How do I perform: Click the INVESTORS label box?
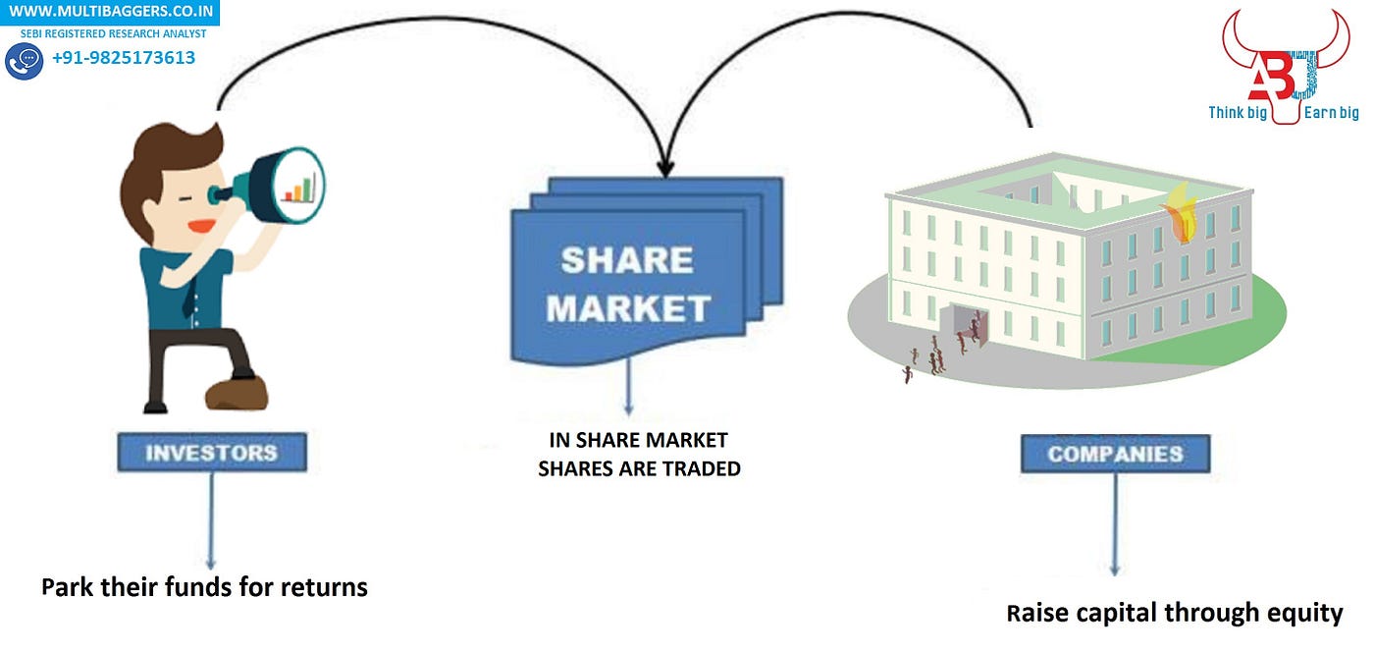pyautogui.click(x=212, y=453)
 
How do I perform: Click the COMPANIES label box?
pyautogui.click(x=1115, y=455)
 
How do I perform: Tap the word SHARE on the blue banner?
pyautogui.click(x=627, y=260)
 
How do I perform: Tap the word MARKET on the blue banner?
pyautogui.click(x=628, y=308)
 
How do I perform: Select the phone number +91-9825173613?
pyautogui.click(x=124, y=58)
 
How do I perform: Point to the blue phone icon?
pyautogui.click(x=24, y=61)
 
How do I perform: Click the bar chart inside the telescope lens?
pyautogui.click(x=300, y=187)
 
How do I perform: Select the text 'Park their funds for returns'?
pyautogui.click(x=204, y=588)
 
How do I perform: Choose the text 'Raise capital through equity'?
pyautogui.click(x=1174, y=614)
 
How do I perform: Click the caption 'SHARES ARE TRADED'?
pyautogui.click(x=639, y=469)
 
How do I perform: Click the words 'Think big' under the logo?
pyautogui.click(x=1239, y=113)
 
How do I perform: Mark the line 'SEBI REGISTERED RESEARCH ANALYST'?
pyautogui.click(x=113, y=33)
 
